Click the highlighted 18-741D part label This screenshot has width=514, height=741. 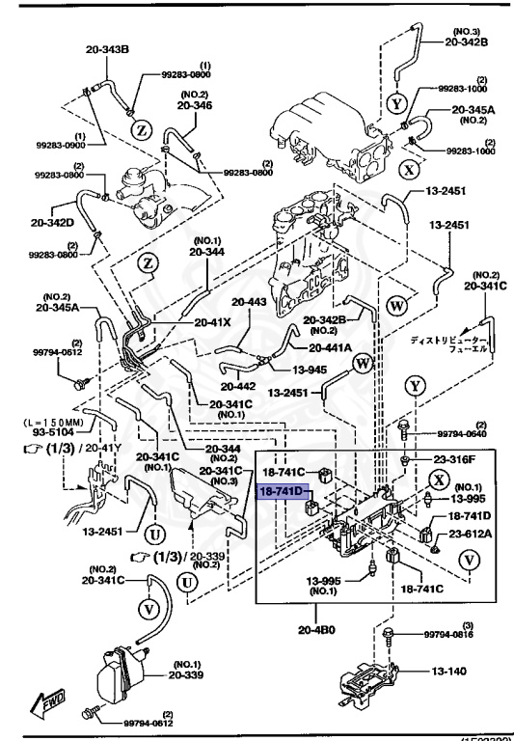click(x=281, y=491)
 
